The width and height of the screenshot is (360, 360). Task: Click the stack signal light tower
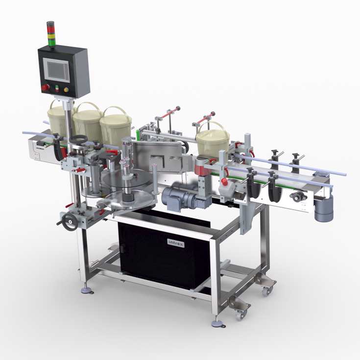[51, 34]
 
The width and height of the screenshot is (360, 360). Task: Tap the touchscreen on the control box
[56, 70]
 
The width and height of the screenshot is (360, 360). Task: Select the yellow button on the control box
[66, 90]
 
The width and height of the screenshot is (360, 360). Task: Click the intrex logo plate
[176, 243]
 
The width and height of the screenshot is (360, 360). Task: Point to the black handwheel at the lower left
[70, 222]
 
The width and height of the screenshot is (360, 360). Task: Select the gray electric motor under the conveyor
[181, 197]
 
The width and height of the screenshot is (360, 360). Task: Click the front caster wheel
[240, 315]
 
